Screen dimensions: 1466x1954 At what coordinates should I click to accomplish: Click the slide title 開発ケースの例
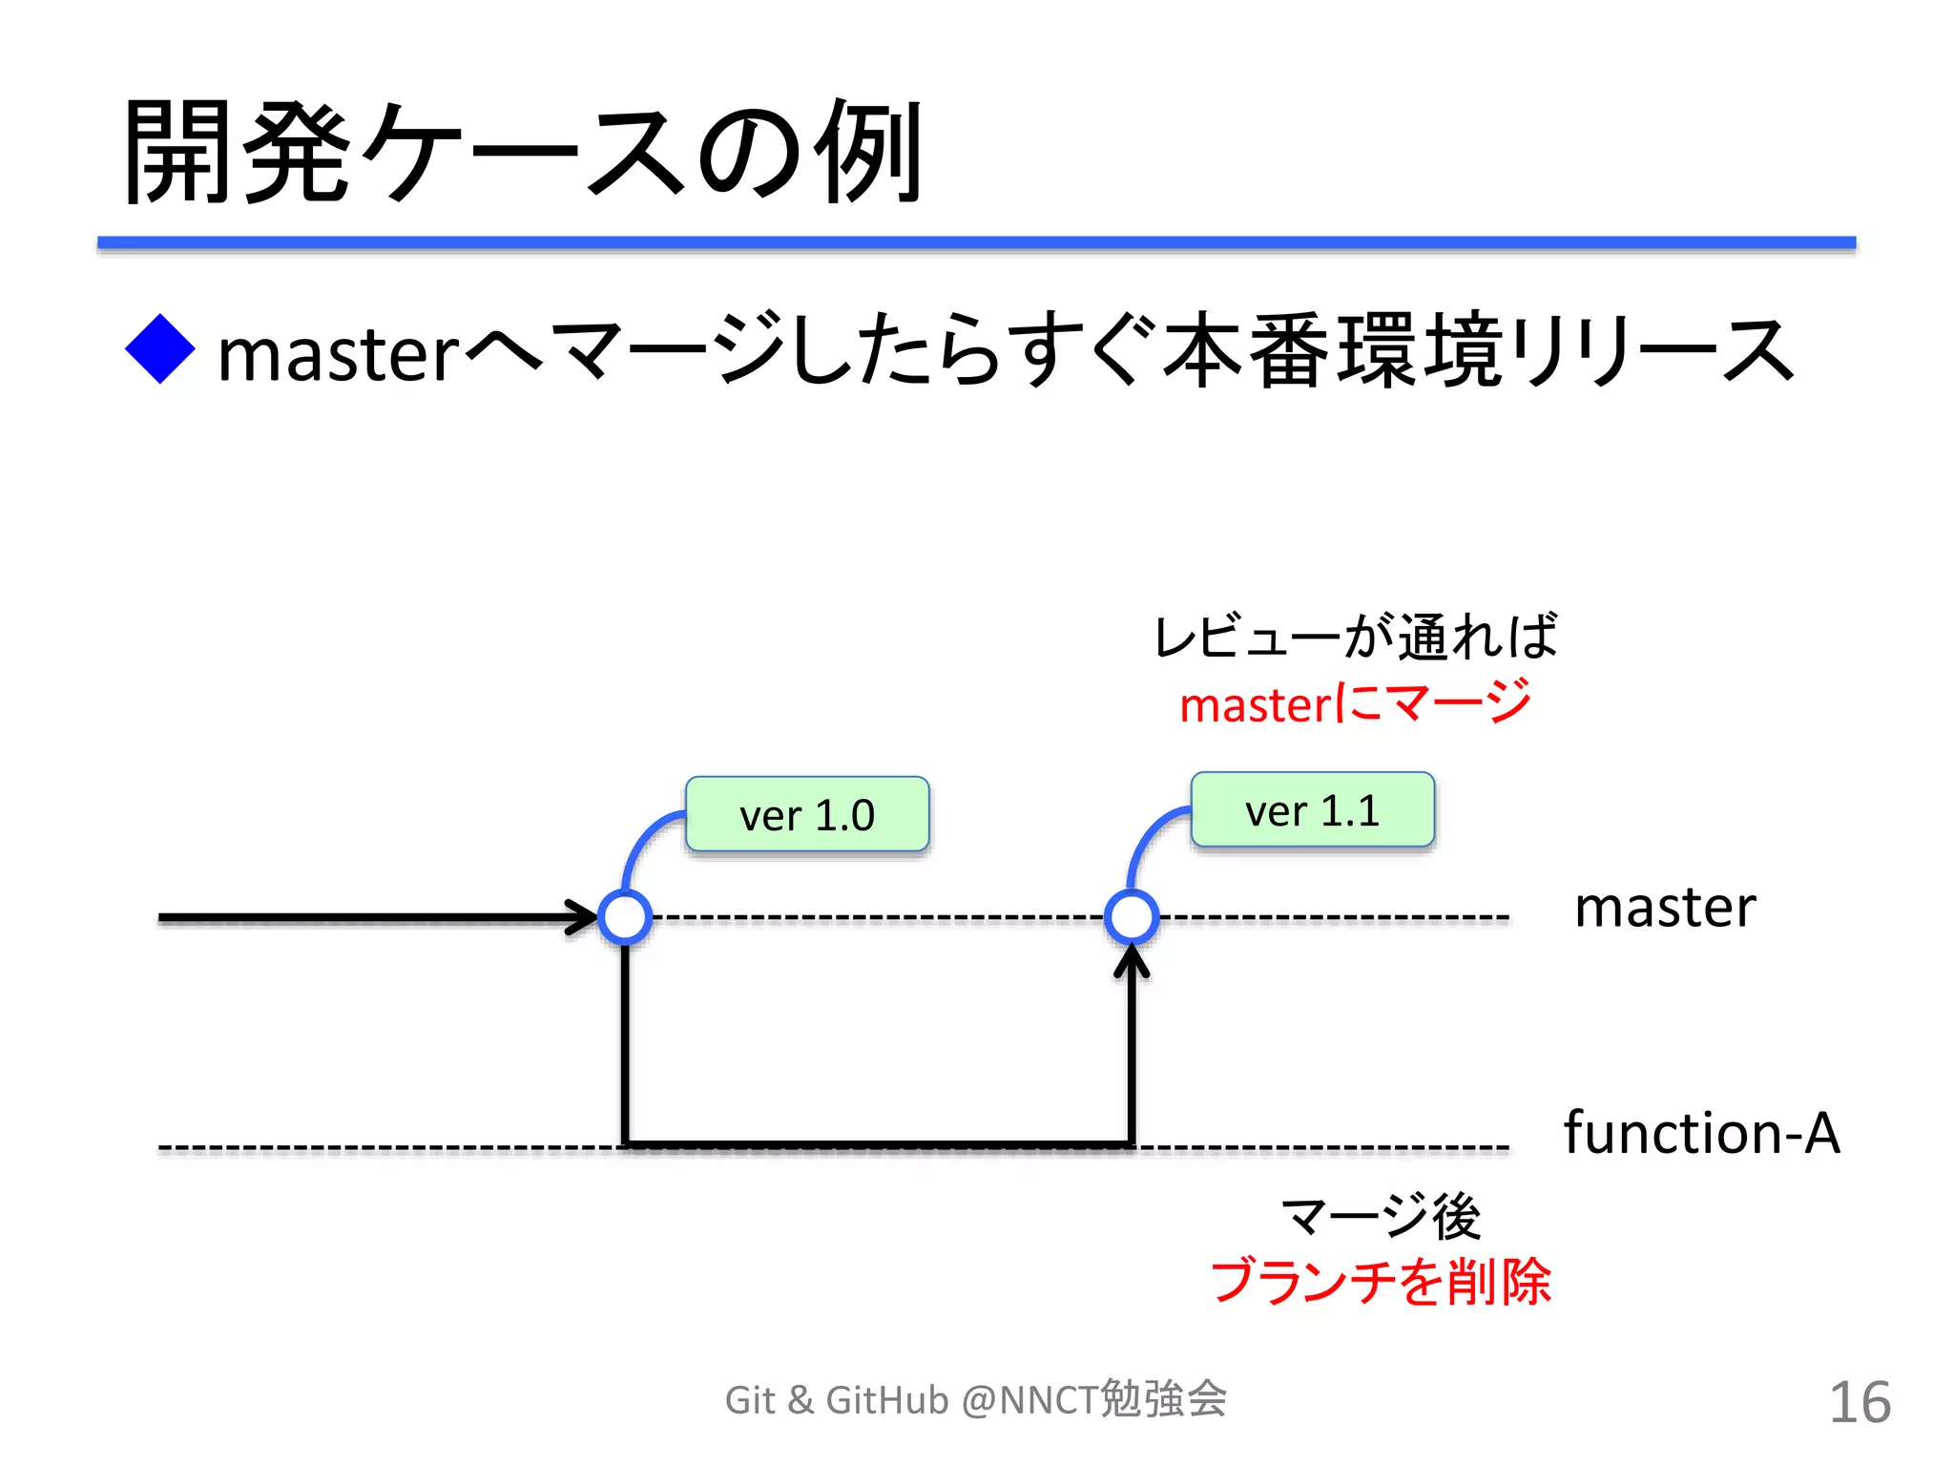click(x=523, y=153)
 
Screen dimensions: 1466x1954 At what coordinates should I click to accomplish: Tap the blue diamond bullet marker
click(x=160, y=349)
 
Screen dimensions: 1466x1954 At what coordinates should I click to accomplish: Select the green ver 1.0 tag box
click(x=807, y=814)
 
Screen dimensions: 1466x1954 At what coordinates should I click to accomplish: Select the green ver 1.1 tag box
click(x=1312, y=810)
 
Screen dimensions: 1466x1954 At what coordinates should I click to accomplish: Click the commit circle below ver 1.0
click(x=625, y=917)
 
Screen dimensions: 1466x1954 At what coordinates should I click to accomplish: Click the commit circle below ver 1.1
click(x=1132, y=917)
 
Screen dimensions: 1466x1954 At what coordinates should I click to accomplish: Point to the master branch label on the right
click(x=1664, y=908)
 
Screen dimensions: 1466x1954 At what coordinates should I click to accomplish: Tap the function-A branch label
click(x=1701, y=1133)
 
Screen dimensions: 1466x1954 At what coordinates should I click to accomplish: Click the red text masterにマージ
click(x=1355, y=704)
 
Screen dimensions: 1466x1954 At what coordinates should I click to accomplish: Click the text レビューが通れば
click(x=1355, y=637)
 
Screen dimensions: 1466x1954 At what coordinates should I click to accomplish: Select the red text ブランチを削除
click(x=1381, y=1282)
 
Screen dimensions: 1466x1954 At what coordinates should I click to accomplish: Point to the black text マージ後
click(x=1381, y=1217)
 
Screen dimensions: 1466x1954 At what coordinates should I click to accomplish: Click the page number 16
click(x=1859, y=1403)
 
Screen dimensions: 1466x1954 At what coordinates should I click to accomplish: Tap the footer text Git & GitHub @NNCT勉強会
click(x=975, y=1400)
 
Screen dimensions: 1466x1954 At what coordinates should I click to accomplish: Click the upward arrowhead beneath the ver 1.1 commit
click(x=1132, y=960)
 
